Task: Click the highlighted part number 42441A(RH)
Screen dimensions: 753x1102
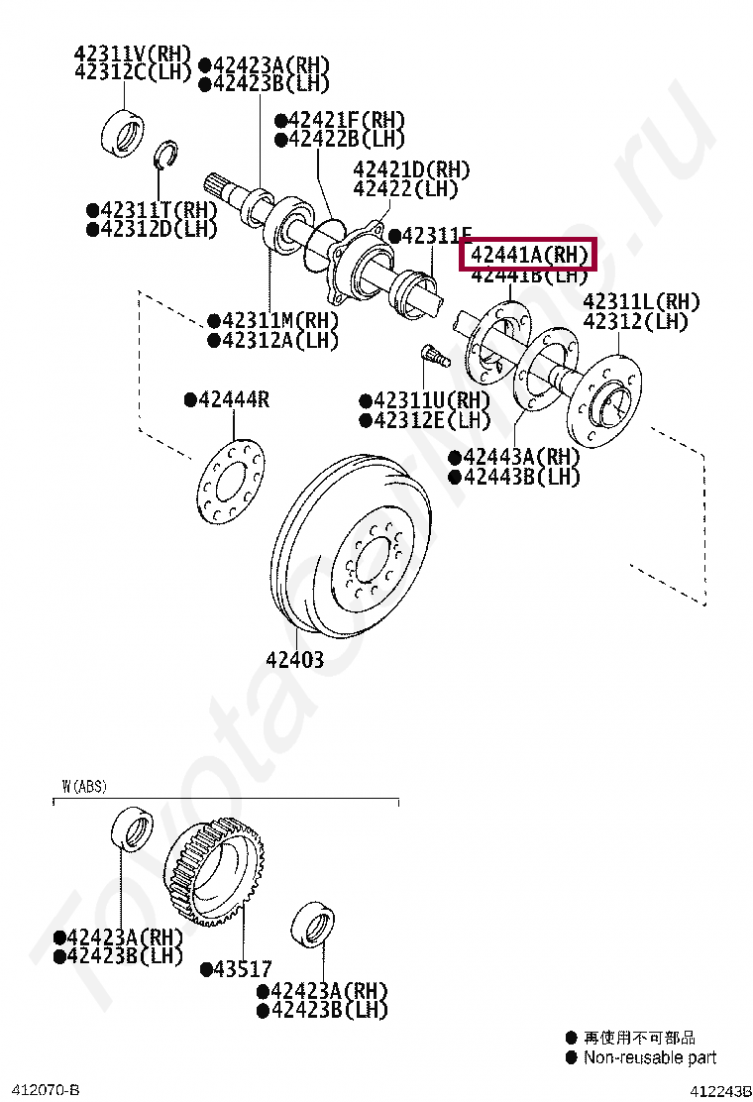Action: (x=529, y=255)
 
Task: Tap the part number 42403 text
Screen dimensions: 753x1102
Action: (x=293, y=659)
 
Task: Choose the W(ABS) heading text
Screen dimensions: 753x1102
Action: (x=84, y=787)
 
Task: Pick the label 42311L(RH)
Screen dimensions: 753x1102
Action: (x=640, y=301)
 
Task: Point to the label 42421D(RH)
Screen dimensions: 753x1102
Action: (x=411, y=168)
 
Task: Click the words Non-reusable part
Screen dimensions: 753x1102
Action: (x=650, y=1057)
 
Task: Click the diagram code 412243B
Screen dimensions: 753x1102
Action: (x=720, y=1091)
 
